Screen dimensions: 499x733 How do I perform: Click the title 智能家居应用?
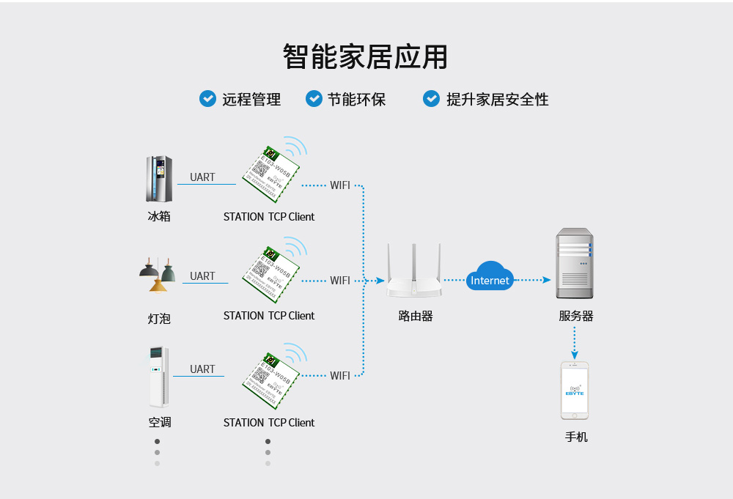click(365, 56)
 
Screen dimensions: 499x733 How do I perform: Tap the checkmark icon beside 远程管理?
click(207, 98)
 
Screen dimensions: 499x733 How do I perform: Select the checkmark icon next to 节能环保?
click(314, 98)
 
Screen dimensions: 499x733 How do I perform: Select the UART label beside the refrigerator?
click(202, 177)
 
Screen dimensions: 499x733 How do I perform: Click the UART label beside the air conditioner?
click(202, 369)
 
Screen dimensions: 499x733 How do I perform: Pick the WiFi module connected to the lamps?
click(270, 275)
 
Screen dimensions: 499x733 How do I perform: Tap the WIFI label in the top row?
click(339, 185)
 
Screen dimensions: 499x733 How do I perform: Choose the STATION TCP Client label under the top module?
click(268, 216)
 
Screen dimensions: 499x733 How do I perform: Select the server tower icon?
click(574, 263)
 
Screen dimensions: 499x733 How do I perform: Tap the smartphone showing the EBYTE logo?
click(575, 390)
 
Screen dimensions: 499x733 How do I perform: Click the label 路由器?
click(415, 316)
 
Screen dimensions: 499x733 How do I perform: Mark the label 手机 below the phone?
click(575, 437)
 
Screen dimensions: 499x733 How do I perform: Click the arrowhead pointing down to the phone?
click(575, 355)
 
